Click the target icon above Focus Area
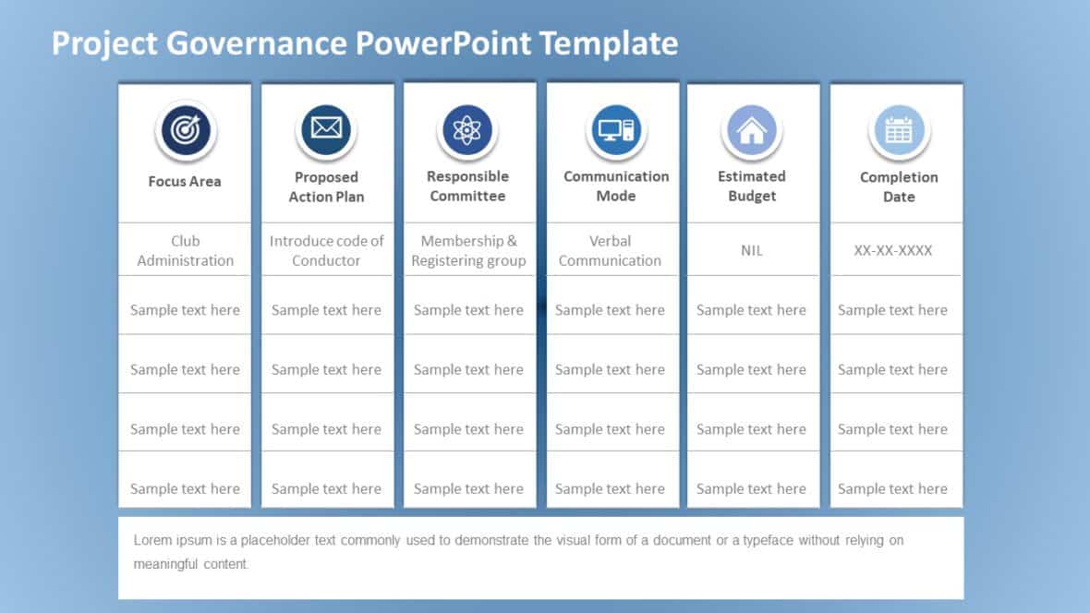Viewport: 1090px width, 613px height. [186, 131]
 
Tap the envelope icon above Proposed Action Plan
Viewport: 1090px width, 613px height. [326, 129]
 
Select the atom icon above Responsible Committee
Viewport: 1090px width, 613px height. [467, 129]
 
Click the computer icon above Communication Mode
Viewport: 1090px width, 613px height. [615, 129]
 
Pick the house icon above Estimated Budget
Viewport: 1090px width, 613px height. [752, 131]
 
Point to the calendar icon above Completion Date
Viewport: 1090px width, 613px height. [898, 131]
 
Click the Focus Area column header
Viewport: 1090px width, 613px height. [185, 182]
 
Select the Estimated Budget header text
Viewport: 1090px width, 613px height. [752, 186]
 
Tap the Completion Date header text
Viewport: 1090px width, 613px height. [898, 187]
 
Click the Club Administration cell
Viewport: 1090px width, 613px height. [185, 251]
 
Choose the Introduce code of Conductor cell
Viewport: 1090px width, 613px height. [326, 251]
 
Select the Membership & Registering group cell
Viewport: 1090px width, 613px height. [468, 251]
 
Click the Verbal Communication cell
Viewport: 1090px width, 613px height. [610, 251]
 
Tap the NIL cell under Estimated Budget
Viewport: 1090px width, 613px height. [752, 251]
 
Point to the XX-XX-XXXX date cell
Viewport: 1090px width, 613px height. [893, 251]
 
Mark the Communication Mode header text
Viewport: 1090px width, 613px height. [616, 186]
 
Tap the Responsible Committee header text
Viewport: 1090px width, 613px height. [467, 186]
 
